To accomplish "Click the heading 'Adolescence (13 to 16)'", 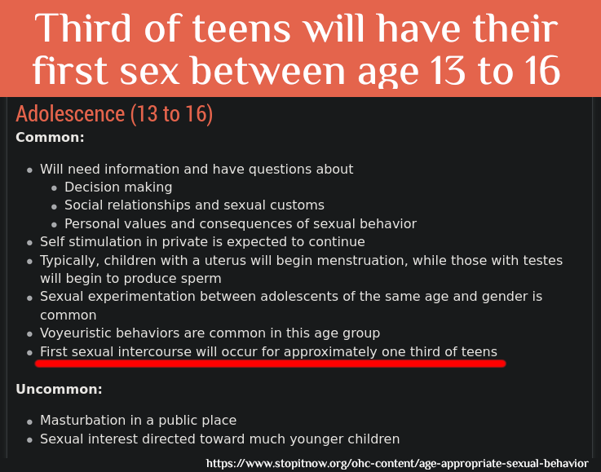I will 114,114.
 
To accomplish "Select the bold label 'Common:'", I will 50,138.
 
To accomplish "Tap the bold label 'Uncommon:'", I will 59,390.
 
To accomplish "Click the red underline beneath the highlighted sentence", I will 269,364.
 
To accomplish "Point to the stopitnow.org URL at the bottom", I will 397,463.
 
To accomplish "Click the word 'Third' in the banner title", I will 91,30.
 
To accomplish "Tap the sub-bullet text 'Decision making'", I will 118,187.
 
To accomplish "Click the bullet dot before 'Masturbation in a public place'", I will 30,421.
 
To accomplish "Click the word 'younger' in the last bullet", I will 293,439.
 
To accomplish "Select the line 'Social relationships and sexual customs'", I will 194,205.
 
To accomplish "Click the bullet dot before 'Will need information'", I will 30,170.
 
